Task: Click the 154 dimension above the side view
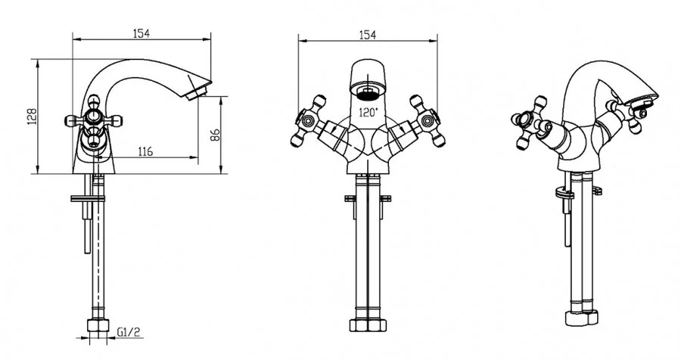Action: (141, 33)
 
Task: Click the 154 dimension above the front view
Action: (368, 35)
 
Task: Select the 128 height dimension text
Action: (32, 116)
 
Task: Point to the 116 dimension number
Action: (145, 151)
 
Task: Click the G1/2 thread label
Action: (129, 333)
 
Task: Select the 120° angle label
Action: (368, 112)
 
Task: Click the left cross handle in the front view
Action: (309, 120)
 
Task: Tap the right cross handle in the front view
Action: (428, 120)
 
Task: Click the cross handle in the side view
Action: (93, 119)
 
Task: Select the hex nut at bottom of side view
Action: (98, 326)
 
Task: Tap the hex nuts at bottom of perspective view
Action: (582, 318)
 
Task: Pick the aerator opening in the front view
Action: (368, 92)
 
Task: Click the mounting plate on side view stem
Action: (88, 199)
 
